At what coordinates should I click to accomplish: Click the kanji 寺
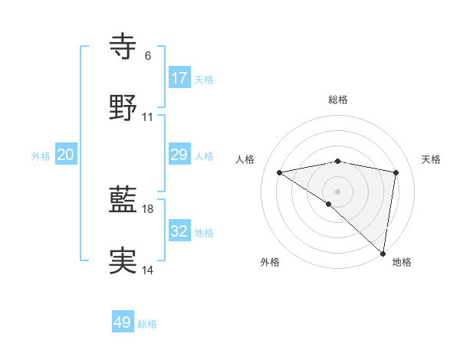pos(123,46)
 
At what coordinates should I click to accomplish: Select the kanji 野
pos(123,108)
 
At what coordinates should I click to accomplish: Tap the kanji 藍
pos(123,200)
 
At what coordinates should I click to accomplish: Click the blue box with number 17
pos(179,77)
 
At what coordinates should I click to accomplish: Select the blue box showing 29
pos(179,155)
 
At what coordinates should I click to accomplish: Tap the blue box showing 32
pos(179,231)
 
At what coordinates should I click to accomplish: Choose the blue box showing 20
pos(66,155)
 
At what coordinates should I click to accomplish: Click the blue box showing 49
pos(123,322)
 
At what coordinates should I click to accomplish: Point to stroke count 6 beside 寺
pos(147,56)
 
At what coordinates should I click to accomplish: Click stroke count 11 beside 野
pos(148,117)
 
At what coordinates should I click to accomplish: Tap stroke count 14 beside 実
pos(148,270)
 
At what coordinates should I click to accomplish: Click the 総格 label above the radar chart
pos(338,100)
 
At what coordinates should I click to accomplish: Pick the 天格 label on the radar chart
pos(431,159)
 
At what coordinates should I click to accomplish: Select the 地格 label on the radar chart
pos(402,262)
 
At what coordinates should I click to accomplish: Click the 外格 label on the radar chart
pos(270,262)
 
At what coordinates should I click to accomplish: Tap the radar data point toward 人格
pos(280,172)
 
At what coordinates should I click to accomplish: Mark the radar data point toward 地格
pos(383,253)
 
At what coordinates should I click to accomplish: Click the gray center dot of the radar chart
pos(338,191)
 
